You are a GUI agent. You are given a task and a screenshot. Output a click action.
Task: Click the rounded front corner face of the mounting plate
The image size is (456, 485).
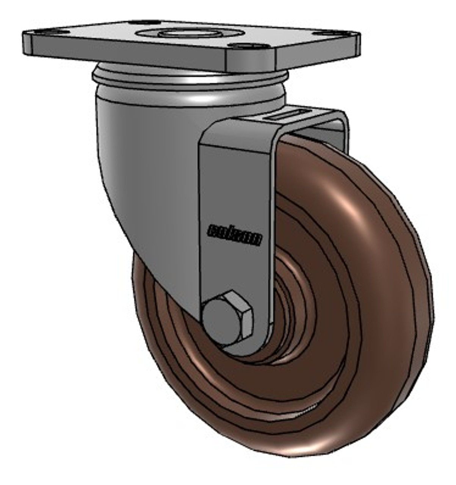point(250,61)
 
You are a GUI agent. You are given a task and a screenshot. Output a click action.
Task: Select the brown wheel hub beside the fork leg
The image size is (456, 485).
point(292,303)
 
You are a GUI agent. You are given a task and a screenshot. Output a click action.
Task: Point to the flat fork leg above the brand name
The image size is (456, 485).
point(235,178)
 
